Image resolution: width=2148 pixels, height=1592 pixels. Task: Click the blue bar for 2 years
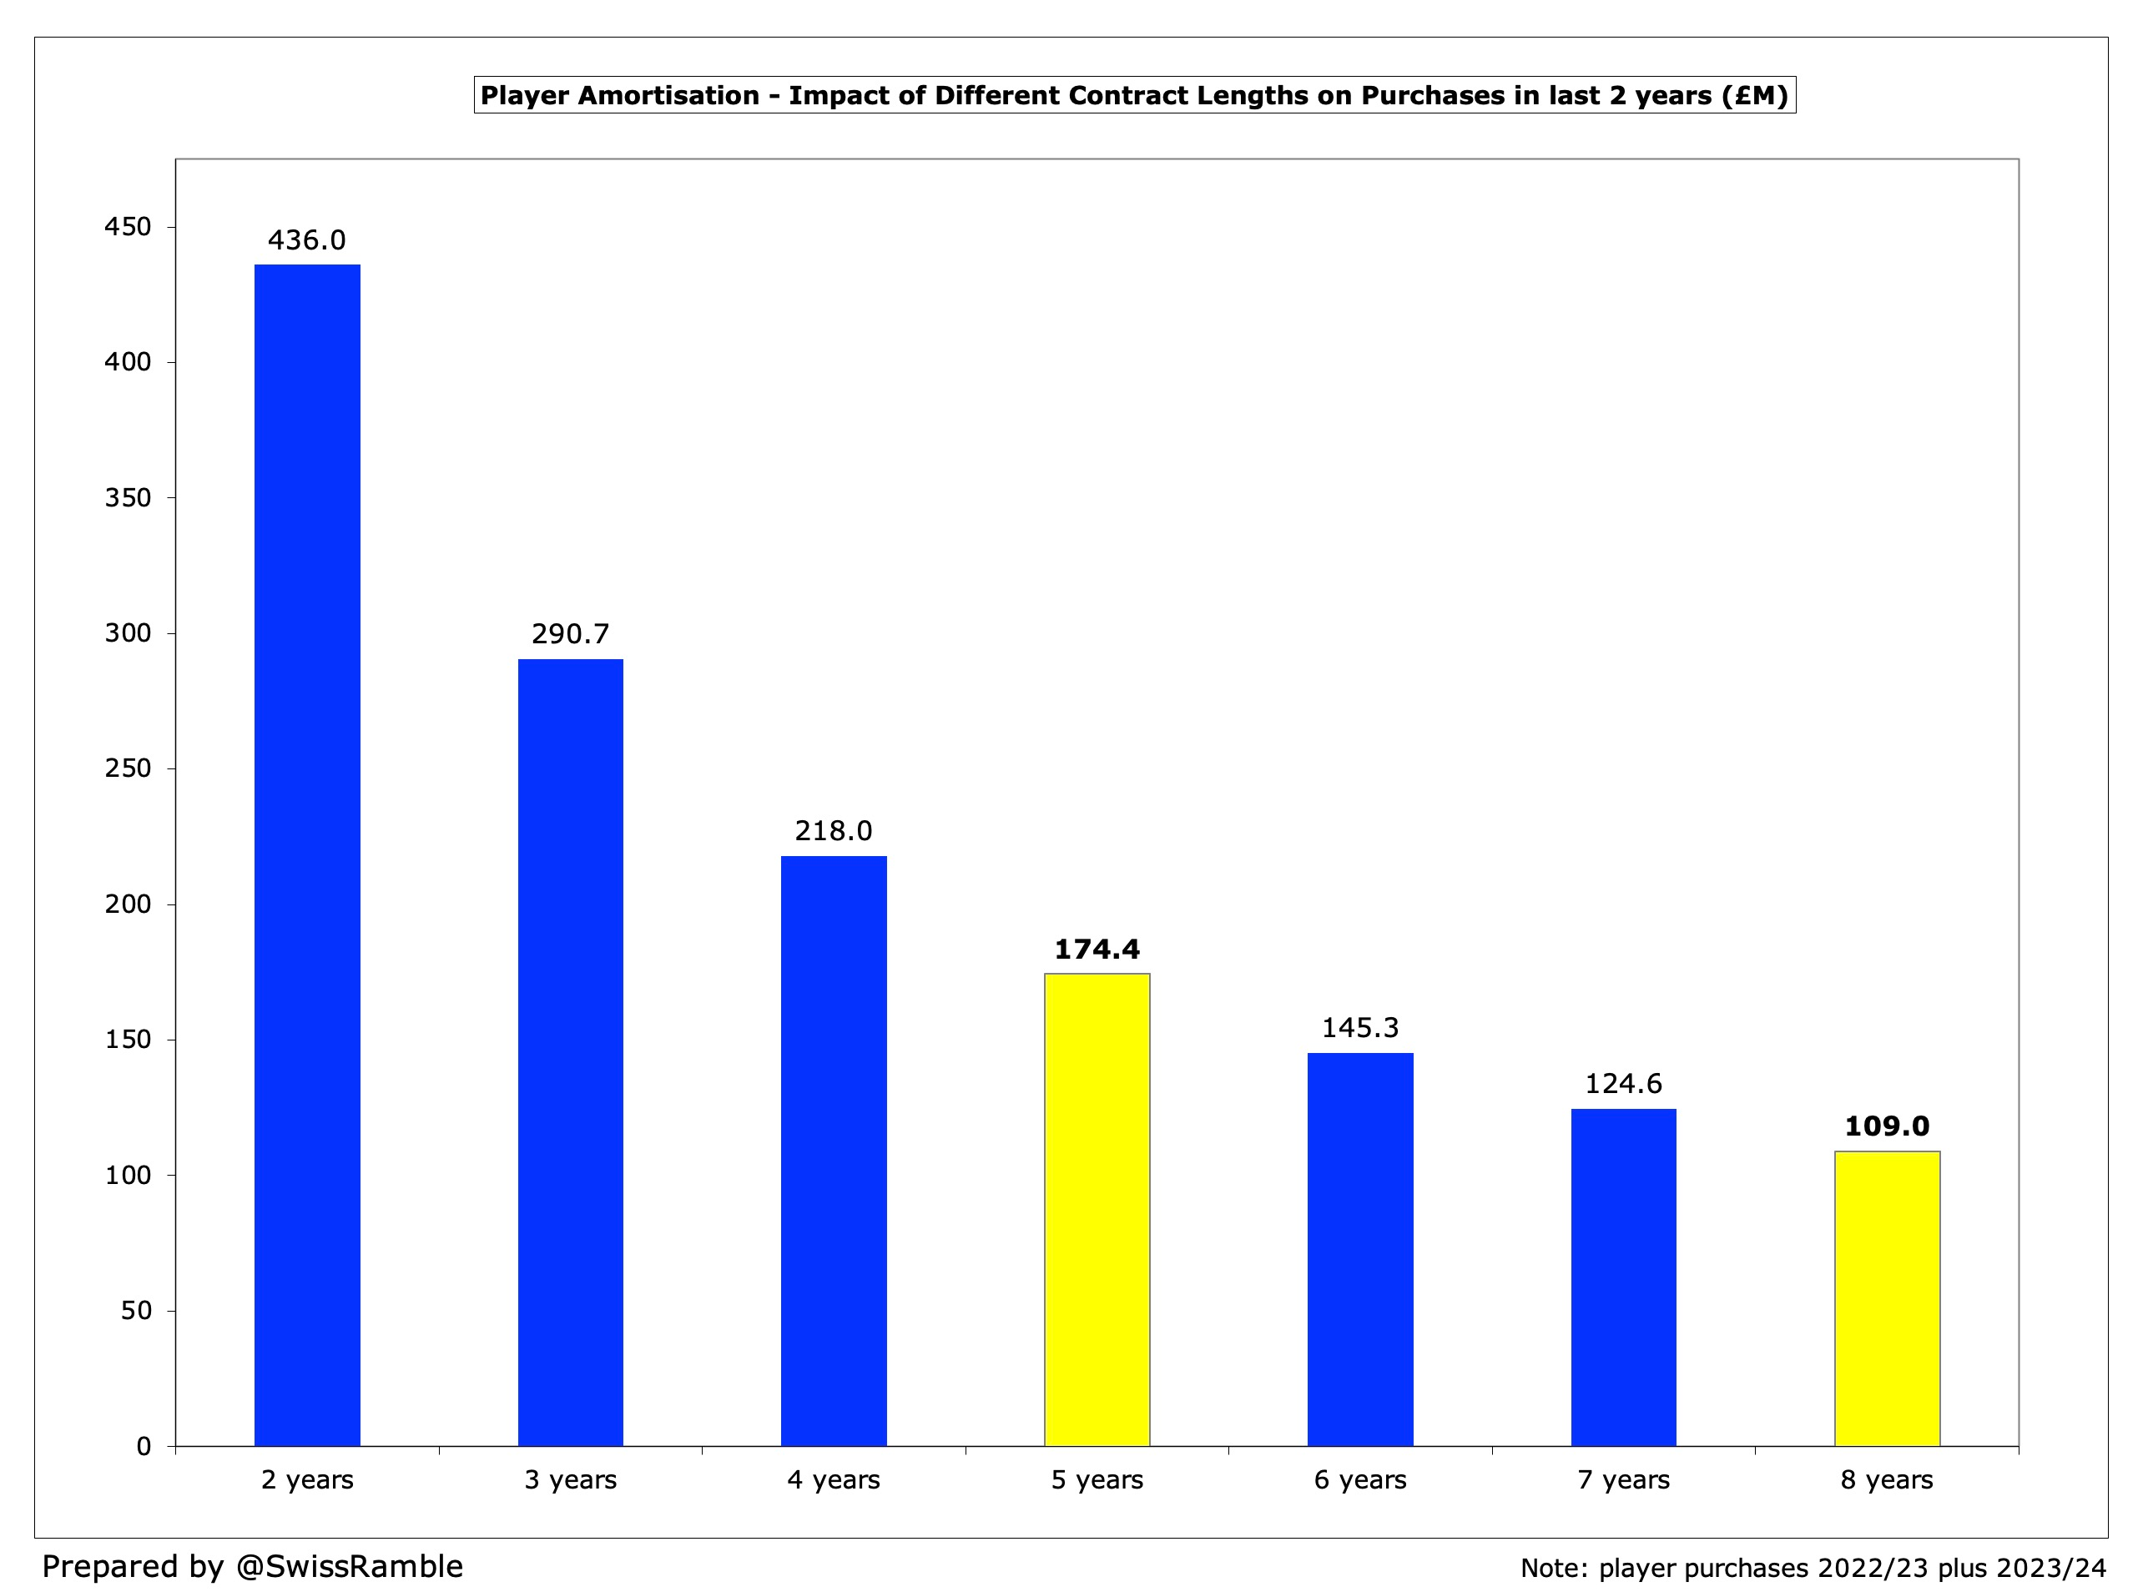click(x=306, y=856)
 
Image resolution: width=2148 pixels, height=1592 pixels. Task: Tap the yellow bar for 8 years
click(x=1886, y=1299)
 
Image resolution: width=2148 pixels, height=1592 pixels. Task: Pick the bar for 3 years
click(x=571, y=1052)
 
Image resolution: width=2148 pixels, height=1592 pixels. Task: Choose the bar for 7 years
click(x=1623, y=1277)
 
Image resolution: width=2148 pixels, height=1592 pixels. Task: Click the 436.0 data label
click(x=306, y=240)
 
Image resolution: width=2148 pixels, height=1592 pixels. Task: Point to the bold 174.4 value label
click(x=1097, y=950)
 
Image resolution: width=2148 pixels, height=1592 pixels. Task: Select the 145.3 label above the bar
click(x=1359, y=1028)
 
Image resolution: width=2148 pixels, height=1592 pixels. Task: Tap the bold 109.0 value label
click(x=1886, y=1126)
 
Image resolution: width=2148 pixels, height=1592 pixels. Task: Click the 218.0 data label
click(x=834, y=831)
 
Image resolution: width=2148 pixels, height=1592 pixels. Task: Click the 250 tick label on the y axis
click(x=129, y=769)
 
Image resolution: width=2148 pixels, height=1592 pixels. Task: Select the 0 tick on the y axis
click(x=144, y=1447)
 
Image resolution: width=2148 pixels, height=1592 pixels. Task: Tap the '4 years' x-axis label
click(x=834, y=1480)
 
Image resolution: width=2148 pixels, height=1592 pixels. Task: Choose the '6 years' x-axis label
click(x=1359, y=1480)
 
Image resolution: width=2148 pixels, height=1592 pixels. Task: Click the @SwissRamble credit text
click(x=349, y=1566)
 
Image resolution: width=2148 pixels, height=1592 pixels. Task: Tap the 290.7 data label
click(x=571, y=634)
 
